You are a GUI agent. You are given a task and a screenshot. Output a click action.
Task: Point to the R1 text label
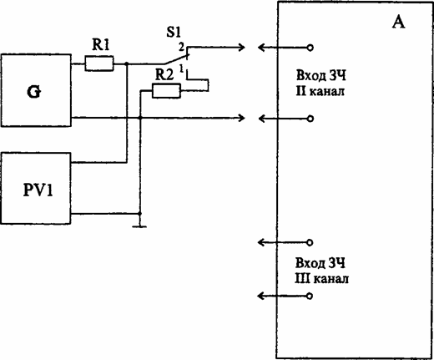point(101,44)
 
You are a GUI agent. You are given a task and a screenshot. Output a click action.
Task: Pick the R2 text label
point(164,74)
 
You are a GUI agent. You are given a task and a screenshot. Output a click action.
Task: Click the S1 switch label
point(174,32)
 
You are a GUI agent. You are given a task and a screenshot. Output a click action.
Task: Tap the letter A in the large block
point(398,22)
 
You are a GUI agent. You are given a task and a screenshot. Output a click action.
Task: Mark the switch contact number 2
point(181,48)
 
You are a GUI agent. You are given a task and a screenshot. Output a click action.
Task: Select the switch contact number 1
point(181,68)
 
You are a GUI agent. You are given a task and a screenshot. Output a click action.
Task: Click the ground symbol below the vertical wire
point(139,226)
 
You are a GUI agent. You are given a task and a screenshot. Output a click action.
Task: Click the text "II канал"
point(320,91)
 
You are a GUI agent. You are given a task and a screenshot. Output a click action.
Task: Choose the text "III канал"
point(321,278)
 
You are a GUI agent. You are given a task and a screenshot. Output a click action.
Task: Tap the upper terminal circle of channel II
point(310,48)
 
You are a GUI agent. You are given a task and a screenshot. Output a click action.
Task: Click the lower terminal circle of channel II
point(310,119)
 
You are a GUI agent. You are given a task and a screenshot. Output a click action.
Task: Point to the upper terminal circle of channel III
point(310,243)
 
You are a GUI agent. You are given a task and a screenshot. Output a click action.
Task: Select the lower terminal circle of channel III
point(310,296)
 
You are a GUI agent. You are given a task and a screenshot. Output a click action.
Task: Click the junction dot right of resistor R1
point(127,63)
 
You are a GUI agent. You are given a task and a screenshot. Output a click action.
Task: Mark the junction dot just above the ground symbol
point(140,214)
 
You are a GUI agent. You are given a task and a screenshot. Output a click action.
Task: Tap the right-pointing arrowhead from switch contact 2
point(241,48)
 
